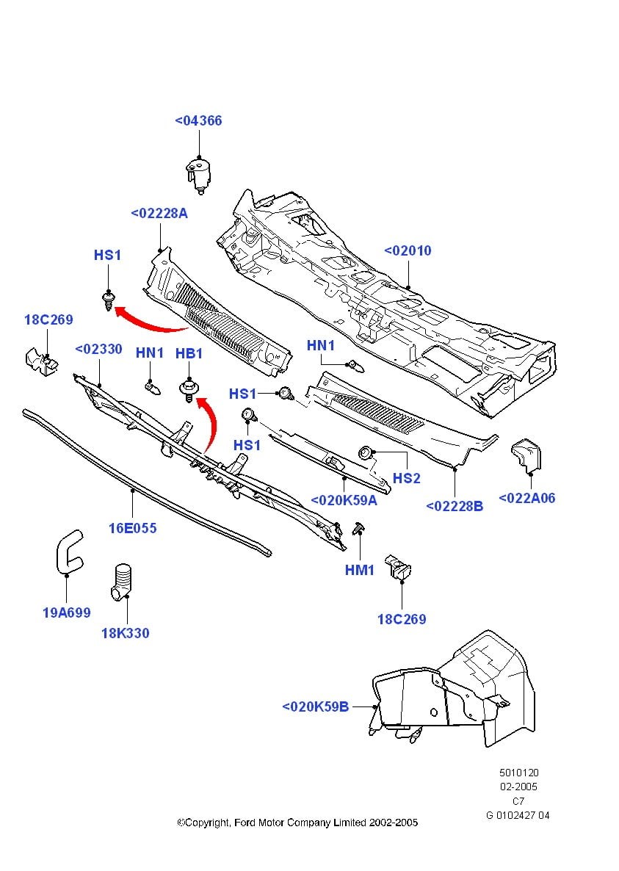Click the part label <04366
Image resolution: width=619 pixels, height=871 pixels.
pos(198,121)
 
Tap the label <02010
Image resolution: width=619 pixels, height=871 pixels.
pos(408,251)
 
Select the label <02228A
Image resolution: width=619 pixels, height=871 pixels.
pos(159,214)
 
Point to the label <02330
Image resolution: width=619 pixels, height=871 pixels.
pos(98,350)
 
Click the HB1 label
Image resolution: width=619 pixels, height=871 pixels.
pos(189,354)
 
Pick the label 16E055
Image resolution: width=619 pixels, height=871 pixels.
pos(132,528)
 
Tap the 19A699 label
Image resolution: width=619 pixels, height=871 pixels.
pos(66,612)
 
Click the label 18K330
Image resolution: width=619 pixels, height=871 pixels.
pos(125,633)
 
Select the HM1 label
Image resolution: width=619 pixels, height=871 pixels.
pos(360,570)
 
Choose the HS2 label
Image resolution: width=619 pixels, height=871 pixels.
pos(406,479)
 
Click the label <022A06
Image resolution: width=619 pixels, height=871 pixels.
pos(526,499)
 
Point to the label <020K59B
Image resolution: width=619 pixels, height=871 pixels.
pos(315,707)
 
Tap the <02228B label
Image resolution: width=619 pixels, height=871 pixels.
pos(455,506)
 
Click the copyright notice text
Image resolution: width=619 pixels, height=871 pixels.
pos(297,823)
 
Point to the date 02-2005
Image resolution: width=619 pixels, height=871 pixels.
pos(518,787)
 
